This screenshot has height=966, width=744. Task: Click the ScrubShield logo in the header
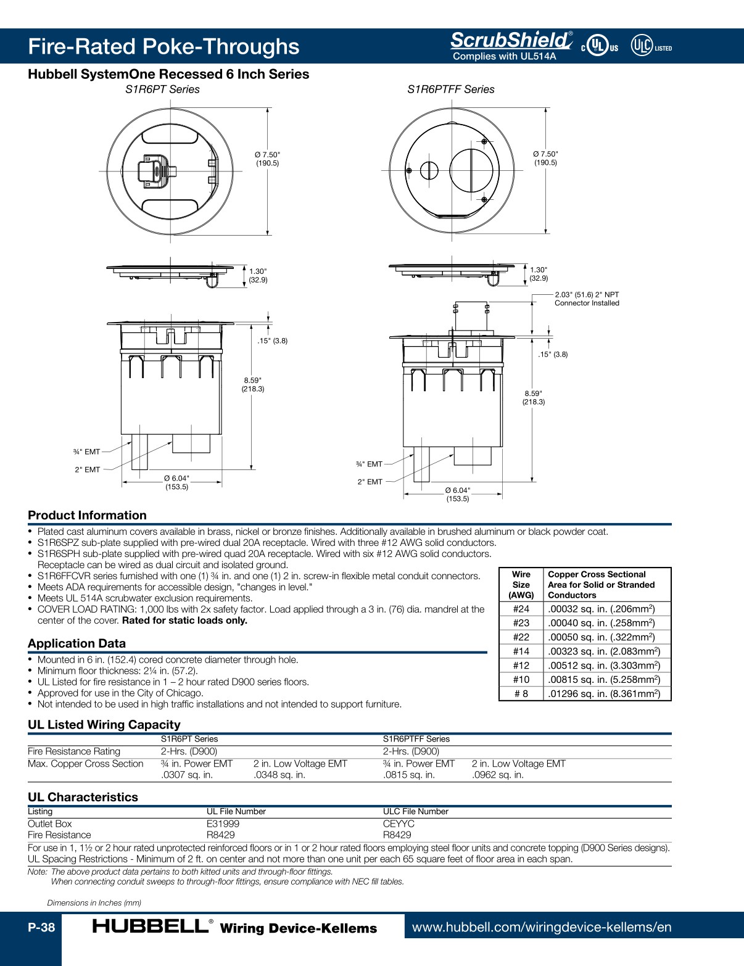[511, 41]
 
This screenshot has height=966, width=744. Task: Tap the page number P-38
[41, 927]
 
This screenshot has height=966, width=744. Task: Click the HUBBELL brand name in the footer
[150, 926]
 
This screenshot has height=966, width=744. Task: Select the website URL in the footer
[541, 927]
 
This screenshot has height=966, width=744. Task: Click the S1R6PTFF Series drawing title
[450, 89]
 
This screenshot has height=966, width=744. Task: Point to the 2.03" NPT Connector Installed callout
[586, 299]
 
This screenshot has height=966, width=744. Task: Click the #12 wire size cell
[521, 666]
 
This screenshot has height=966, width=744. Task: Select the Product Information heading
[87, 515]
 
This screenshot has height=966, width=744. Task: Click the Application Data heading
[76, 643]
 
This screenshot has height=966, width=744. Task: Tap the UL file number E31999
[223, 824]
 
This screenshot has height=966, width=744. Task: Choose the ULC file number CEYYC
[399, 824]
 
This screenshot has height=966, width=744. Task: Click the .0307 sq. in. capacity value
[187, 775]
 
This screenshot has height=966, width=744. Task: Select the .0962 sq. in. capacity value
[497, 775]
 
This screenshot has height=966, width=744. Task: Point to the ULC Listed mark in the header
[651, 46]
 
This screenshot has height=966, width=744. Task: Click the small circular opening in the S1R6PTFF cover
[429, 171]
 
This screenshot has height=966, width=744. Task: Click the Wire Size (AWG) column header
[521, 585]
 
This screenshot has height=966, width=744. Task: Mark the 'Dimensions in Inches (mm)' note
[94, 902]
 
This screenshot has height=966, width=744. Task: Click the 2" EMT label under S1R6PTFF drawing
[370, 482]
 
